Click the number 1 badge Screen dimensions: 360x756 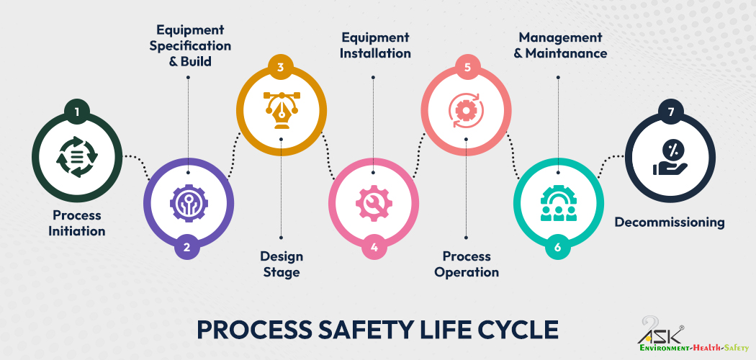77,112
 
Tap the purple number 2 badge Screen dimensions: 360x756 187,248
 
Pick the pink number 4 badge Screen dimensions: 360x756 374,248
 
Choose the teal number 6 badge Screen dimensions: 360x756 558,248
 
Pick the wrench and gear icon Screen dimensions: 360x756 374,202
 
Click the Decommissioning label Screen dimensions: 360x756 670,222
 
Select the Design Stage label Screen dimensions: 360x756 281,264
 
